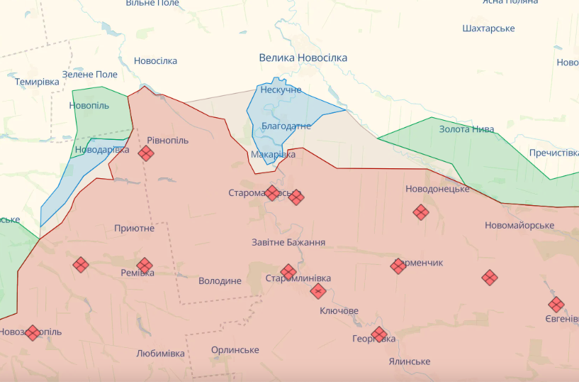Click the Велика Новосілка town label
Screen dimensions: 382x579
(x=303, y=58)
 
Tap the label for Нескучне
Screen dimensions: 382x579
(x=281, y=90)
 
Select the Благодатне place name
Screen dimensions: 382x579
(x=286, y=126)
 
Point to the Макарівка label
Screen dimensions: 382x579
(x=273, y=154)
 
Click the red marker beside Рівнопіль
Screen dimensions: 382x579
(x=146, y=153)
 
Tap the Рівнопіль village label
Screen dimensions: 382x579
(x=168, y=141)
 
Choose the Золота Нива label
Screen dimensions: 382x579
(x=466, y=129)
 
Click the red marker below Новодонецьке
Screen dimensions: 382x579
(x=421, y=212)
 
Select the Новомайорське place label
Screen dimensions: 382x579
(x=519, y=225)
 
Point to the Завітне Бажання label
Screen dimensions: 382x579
(x=288, y=242)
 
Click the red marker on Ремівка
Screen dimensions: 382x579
(x=145, y=266)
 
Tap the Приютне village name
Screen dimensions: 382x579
(x=134, y=228)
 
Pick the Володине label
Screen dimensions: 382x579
(x=220, y=281)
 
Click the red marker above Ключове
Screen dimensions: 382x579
(x=318, y=291)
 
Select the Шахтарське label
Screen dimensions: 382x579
(x=488, y=28)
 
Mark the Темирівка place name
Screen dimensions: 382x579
(x=37, y=82)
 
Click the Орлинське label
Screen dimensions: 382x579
(x=235, y=350)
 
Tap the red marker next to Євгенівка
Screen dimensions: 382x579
(x=556, y=305)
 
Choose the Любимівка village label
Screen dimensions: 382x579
(x=160, y=353)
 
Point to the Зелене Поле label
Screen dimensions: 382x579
(x=90, y=74)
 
